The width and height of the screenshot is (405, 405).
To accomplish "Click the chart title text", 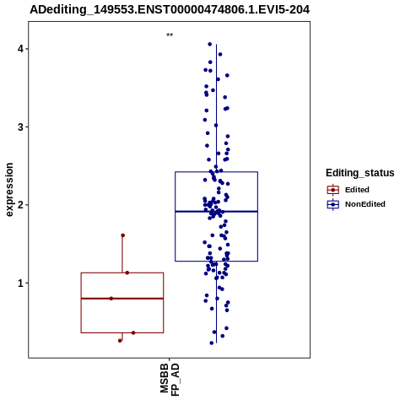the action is (170, 10).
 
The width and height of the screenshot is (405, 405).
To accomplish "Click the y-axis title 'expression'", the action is (9, 190).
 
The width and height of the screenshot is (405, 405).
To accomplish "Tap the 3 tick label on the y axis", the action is (20, 127).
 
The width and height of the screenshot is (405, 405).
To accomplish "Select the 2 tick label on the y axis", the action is (20, 205).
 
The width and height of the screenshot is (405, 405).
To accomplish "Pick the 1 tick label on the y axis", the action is (20, 283).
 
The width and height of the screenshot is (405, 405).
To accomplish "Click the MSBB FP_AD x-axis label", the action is (170, 379).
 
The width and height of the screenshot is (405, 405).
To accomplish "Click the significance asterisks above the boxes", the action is (170, 35).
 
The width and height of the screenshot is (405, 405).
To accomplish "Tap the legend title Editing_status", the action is (360, 173).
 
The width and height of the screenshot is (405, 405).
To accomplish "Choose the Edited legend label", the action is (357, 190).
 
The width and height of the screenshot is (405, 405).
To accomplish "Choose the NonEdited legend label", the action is (365, 204).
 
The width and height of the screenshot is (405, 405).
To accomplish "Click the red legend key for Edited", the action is (333, 190).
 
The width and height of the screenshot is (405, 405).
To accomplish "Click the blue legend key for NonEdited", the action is (333, 204).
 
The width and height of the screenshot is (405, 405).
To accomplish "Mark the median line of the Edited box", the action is (122, 299).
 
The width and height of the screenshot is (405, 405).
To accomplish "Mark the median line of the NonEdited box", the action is (216, 211).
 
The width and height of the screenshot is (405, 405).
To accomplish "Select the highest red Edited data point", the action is (123, 235).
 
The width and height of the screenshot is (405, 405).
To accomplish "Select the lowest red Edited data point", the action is (120, 341).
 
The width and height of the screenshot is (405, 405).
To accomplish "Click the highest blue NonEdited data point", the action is (210, 44).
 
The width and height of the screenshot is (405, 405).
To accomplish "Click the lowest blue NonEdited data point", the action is (212, 343).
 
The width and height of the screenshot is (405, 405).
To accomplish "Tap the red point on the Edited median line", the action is (111, 299).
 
